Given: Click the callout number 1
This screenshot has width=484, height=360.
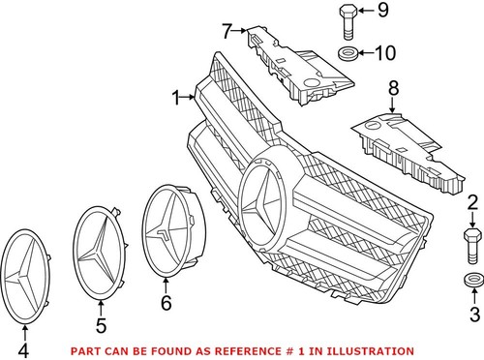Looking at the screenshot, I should pos(176,97).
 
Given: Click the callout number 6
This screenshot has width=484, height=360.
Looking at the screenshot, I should pos(166,303).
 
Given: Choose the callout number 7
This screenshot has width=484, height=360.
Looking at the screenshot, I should pos(226,32).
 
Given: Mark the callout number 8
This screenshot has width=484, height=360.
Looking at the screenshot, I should pos(392,91).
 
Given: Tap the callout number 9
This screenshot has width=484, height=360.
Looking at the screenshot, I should pos(382,12).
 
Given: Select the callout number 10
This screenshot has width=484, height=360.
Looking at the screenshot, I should pos(384,51).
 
